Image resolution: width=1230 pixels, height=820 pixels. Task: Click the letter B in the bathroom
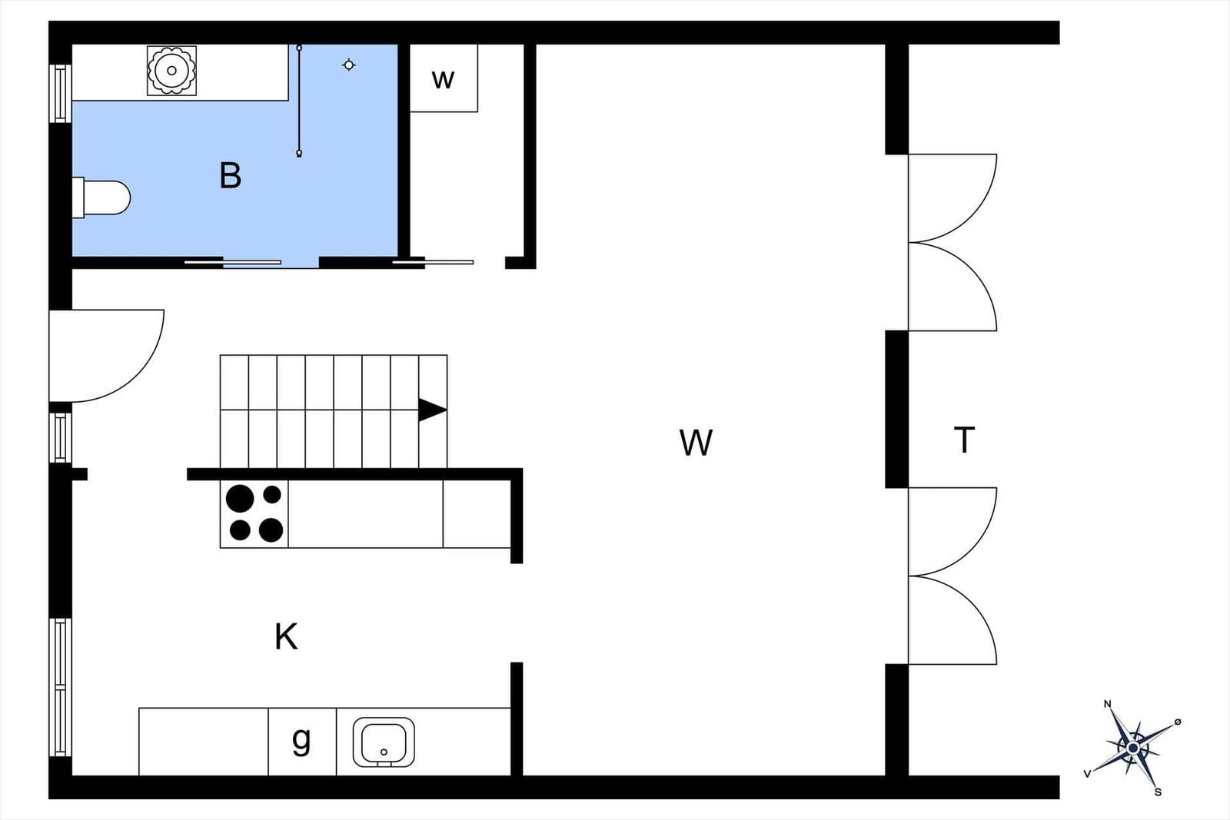click(230, 176)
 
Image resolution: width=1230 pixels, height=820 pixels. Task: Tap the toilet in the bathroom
click(101, 198)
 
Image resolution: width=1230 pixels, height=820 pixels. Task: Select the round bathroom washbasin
click(172, 70)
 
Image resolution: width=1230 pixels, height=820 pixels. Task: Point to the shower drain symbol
click(349, 65)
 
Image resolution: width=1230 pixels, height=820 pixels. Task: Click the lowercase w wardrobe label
click(443, 80)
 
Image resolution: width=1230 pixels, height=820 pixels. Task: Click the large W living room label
click(696, 443)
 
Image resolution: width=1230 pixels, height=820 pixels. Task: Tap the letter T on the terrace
click(964, 440)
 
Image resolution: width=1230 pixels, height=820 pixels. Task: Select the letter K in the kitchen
click(286, 636)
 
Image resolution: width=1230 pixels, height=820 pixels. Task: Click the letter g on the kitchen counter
click(301, 740)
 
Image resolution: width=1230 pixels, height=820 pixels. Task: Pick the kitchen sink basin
click(384, 742)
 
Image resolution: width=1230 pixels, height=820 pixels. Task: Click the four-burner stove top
click(254, 514)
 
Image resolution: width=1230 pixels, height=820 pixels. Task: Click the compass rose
click(1134, 748)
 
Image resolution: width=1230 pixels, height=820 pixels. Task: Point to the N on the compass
click(1108, 704)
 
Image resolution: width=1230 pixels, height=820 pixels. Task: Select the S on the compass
click(1158, 792)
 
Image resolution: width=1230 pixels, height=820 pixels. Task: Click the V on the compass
click(1087, 774)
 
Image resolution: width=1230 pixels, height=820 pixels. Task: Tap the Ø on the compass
click(1177, 722)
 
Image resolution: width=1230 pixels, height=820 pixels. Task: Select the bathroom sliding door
click(232, 262)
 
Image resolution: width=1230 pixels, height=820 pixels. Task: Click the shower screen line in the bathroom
click(299, 101)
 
